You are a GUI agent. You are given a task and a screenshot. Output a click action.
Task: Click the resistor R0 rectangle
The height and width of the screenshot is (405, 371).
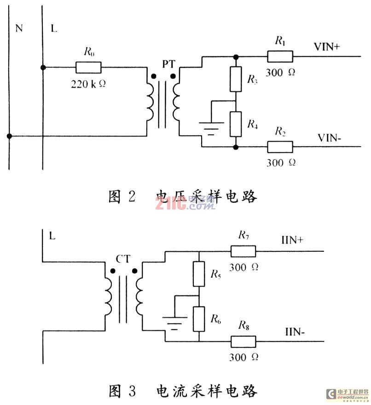point(88,68)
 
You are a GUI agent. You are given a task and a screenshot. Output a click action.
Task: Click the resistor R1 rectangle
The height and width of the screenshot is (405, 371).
point(280,56)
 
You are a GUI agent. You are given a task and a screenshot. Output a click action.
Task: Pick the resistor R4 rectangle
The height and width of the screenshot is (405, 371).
point(235,124)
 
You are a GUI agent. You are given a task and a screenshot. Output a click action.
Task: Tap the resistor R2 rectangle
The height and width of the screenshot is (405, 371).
point(280,147)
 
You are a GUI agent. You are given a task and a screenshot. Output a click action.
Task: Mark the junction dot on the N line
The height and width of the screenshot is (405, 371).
point(9,136)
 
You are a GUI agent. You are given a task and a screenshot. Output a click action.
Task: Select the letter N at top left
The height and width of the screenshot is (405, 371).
point(19,29)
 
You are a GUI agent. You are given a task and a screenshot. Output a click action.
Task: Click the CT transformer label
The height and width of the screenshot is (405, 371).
point(123,260)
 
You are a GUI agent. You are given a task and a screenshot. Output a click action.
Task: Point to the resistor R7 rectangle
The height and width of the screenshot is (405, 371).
point(243,251)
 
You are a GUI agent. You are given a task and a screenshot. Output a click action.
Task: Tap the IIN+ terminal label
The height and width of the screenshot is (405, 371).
point(290,240)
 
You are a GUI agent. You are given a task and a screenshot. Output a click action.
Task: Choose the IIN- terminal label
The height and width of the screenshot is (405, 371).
point(292,331)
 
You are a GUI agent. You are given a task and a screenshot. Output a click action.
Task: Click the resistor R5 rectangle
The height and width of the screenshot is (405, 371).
point(198,274)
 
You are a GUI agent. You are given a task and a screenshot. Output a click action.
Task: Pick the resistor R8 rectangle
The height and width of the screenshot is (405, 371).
point(243,341)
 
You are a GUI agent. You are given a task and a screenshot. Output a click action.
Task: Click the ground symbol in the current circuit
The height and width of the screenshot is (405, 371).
point(174,322)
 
